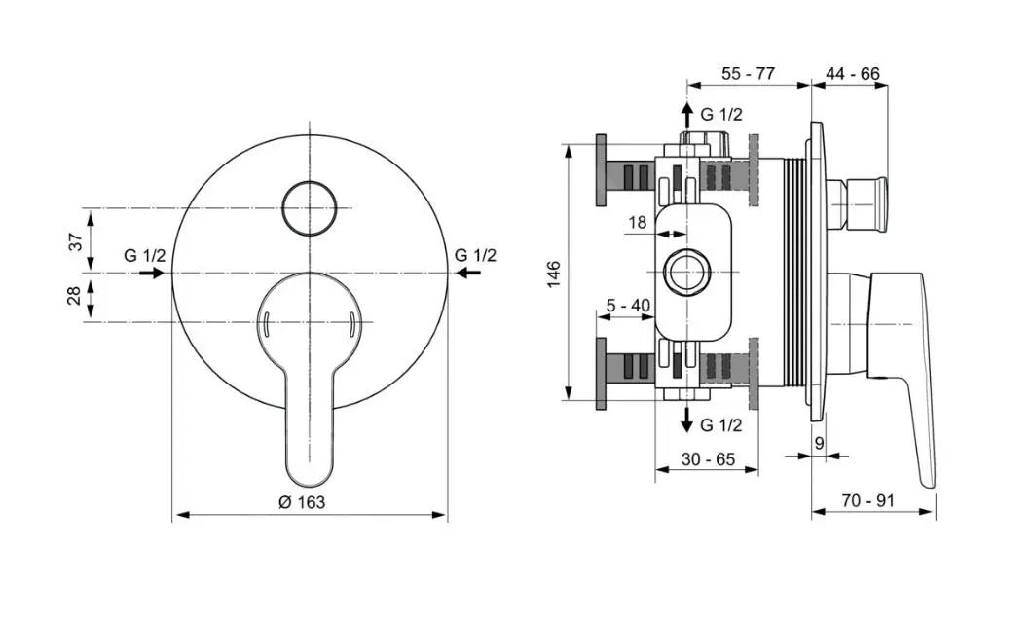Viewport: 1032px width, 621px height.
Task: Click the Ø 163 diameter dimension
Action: tap(302, 502)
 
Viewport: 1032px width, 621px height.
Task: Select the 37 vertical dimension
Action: tap(75, 241)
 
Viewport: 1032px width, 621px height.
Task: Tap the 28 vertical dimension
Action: tap(75, 297)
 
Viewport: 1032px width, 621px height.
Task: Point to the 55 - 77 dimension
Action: tap(748, 73)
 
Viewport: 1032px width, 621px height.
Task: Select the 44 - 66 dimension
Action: tap(852, 73)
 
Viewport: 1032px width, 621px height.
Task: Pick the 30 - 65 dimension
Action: tap(707, 459)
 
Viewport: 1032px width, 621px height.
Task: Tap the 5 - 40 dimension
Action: tap(628, 306)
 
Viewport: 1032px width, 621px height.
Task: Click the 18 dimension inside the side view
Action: tap(637, 223)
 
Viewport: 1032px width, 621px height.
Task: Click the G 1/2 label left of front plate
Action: tap(145, 255)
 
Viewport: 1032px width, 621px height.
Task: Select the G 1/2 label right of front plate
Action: tap(475, 255)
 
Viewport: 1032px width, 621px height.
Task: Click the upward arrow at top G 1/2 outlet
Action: tap(687, 112)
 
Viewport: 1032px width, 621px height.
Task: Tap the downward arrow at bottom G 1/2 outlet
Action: tap(687, 420)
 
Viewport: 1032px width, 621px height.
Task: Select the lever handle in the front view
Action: tap(310, 389)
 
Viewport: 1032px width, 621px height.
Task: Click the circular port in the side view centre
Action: tap(687, 272)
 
